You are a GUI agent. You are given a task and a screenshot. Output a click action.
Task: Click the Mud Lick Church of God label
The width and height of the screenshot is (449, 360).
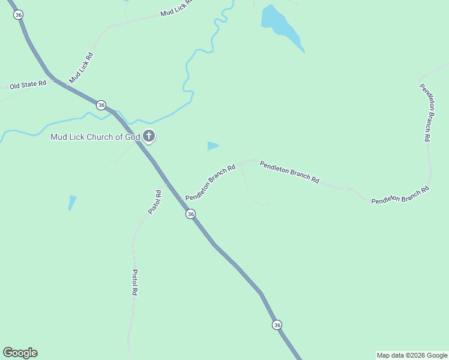tap(95, 137)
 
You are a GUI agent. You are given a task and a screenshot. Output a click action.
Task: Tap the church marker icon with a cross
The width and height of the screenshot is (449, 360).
tap(149, 136)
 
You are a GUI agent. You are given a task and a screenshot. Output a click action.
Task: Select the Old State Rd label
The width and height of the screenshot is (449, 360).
tap(28, 85)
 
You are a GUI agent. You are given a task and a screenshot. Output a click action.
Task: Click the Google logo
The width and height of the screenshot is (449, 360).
tap(20, 353)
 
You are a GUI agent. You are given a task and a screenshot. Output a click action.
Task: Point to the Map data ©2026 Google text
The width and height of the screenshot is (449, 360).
tap(412, 355)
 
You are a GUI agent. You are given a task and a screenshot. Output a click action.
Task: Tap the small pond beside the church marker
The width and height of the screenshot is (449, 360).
tap(212, 146)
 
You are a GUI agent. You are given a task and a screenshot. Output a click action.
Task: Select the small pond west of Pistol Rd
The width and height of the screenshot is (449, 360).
tap(72, 202)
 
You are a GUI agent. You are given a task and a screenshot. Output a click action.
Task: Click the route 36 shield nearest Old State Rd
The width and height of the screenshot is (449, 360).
tap(101, 105)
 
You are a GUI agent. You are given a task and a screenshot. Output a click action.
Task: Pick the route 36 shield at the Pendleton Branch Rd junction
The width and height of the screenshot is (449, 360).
tap(190, 214)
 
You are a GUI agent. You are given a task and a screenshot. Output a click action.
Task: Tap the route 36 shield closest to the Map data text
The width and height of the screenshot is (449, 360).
tap(277, 325)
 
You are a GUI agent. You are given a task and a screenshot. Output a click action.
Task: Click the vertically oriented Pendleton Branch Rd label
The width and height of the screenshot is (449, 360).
tap(425, 112)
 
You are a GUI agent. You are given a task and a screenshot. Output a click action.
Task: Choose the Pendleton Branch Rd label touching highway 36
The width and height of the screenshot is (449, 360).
tap(209, 184)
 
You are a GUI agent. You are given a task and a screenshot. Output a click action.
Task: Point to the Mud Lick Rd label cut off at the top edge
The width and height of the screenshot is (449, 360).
tap(176, 8)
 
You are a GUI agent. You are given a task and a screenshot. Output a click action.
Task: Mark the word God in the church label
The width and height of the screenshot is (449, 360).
tap(133, 137)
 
